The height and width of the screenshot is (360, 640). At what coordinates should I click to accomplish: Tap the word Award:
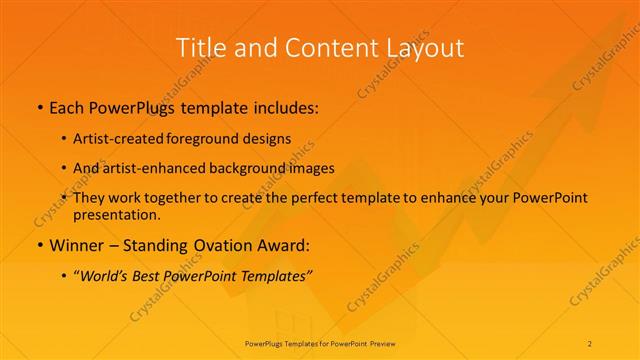pyautogui.click(x=285, y=245)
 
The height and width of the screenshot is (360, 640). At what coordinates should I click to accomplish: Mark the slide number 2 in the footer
pyautogui.click(x=590, y=343)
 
